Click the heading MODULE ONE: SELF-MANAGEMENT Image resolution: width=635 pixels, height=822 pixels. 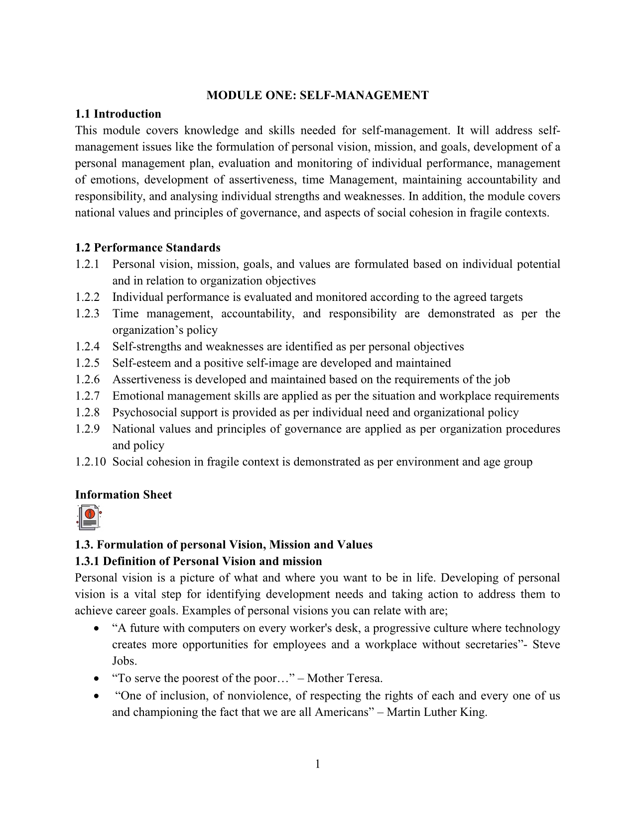[x=317, y=95]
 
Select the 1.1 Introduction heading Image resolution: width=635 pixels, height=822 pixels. [x=118, y=114]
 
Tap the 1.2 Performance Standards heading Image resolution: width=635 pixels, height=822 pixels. [x=147, y=248]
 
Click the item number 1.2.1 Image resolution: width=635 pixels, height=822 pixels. [x=87, y=264]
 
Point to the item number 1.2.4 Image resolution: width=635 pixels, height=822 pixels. [x=87, y=346]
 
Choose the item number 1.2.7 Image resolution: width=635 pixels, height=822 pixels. [x=87, y=396]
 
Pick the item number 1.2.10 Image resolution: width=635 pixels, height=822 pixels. [x=90, y=462]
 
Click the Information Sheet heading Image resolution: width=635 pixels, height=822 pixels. [x=124, y=495]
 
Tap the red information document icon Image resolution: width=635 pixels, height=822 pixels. [x=89, y=517]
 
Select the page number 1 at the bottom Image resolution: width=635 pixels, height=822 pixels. [x=317, y=764]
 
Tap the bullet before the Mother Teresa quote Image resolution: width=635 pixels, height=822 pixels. [x=96, y=679]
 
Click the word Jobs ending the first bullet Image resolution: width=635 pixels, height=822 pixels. [x=124, y=661]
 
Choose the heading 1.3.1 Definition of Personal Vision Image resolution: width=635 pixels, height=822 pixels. [x=198, y=561]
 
